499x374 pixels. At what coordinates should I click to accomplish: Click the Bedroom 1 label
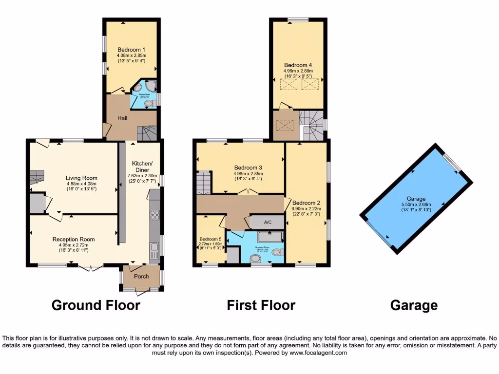click(131, 50)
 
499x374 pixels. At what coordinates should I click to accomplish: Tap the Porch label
click(141, 277)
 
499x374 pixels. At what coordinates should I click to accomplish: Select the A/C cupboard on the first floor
click(267, 222)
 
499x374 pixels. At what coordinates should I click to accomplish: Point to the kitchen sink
click(154, 249)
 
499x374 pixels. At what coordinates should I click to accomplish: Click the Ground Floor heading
click(96, 305)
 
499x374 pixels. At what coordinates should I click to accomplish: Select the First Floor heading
click(261, 305)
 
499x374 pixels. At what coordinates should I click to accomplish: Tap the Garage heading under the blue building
click(414, 305)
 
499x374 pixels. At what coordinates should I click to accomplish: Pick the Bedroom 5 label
click(211, 239)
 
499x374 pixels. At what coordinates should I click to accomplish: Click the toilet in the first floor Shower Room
click(277, 252)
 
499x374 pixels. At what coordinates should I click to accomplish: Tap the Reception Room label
click(74, 239)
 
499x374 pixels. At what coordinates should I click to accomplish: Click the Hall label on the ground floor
click(122, 118)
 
